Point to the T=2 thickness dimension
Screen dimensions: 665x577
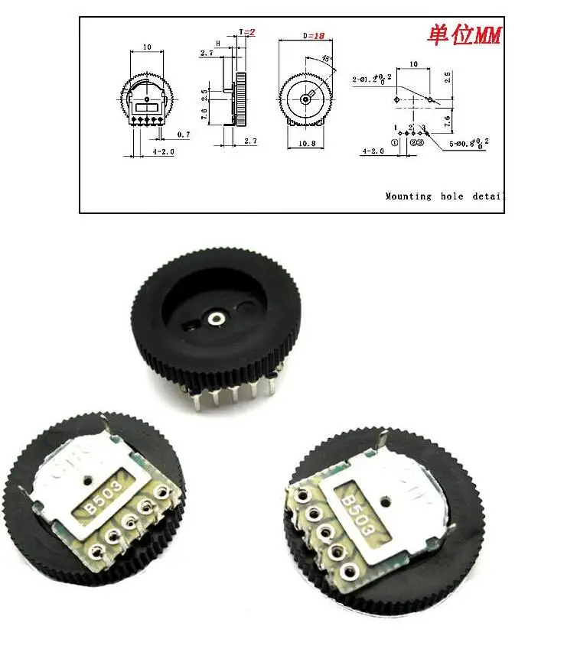point(246,32)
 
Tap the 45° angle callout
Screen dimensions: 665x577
point(327,59)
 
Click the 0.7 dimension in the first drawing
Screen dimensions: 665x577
point(183,135)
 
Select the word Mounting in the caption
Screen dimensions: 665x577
point(408,196)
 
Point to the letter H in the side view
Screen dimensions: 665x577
point(219,43)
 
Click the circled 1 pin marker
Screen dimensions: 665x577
point(395,142)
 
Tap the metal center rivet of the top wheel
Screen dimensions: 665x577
point(217,316)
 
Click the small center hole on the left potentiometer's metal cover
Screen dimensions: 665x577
point(90,482)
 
